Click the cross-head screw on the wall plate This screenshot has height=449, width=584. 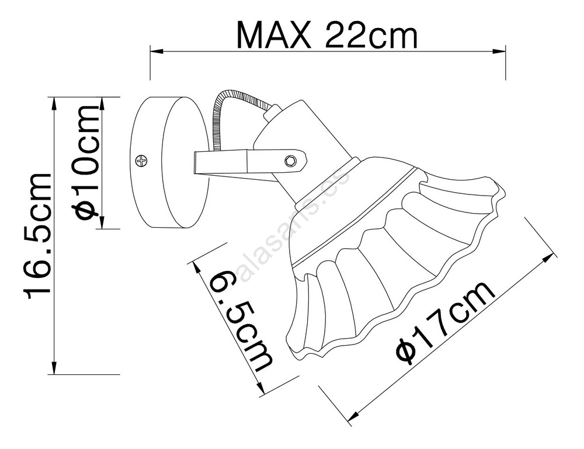[142, 161]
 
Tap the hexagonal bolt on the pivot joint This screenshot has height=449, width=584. [290, 160]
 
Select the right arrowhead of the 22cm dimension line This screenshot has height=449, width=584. [499, 51]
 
